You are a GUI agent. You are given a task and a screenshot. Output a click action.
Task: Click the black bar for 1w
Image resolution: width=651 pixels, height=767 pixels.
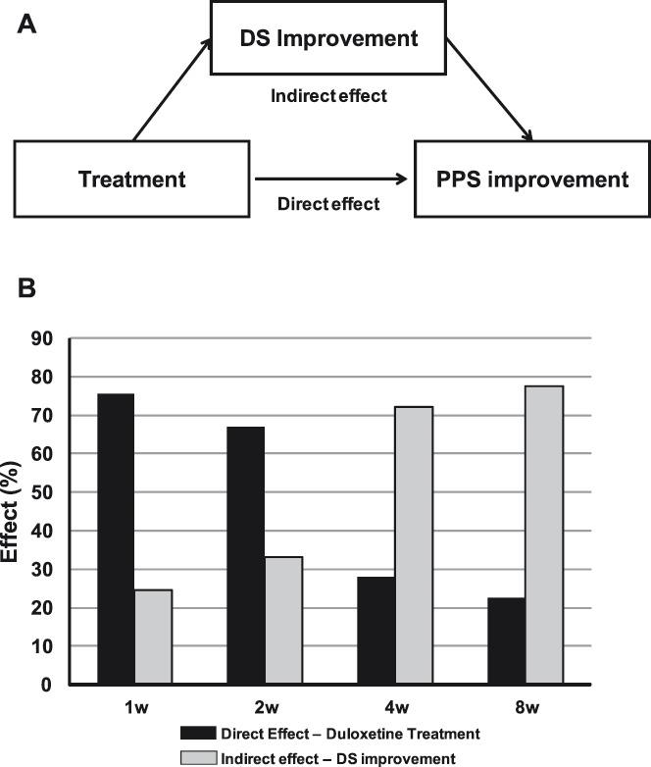115,538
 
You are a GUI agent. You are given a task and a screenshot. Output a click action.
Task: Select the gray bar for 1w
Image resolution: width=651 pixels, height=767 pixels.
153,637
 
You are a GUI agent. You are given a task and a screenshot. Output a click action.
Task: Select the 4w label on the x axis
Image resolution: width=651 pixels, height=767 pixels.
394,705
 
